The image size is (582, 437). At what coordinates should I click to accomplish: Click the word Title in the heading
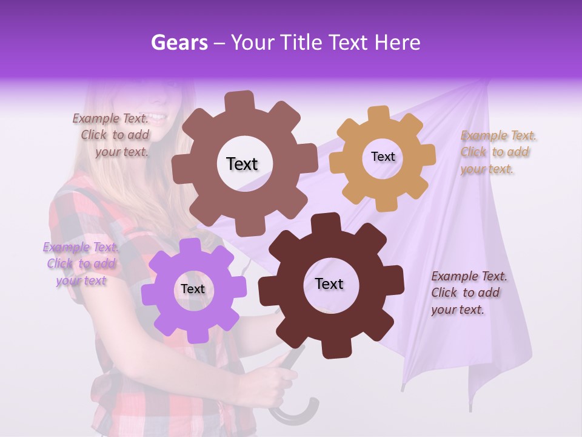[303, 42]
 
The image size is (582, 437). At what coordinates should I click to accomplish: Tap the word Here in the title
[398, 42]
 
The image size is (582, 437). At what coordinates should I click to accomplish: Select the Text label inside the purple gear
[193, 290]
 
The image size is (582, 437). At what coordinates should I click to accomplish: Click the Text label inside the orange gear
[383, 157]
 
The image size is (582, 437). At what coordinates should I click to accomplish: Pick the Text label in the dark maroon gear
[329, 284]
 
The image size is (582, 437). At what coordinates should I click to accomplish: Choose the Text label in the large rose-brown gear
[242, 164]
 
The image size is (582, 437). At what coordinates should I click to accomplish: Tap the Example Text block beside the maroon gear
[468, 293]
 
